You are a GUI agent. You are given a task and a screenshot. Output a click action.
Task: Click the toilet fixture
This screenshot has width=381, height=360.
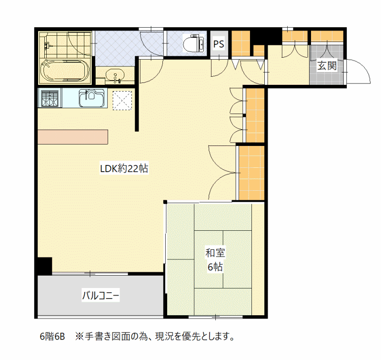pos(193,43)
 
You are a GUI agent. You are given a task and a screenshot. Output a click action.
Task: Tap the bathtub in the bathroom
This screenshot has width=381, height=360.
pos(65,70)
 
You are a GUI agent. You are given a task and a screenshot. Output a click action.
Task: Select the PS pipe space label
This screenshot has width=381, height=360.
pos(219,44)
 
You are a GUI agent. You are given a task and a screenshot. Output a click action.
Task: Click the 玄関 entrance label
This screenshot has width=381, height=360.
pos(327,66)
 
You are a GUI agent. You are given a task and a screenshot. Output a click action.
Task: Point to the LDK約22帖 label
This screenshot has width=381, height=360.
pos(124,168)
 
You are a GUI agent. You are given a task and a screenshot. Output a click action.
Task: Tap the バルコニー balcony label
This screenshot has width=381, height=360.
pos(100,296)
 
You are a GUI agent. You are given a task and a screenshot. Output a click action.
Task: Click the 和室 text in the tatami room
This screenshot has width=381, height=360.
pos(215,253)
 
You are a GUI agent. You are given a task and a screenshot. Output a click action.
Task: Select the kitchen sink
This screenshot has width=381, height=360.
pos(92,98)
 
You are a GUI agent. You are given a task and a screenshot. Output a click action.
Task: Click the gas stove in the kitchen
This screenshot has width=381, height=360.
pos(50,98)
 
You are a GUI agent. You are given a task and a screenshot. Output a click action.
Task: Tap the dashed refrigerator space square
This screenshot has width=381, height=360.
pos(122,101)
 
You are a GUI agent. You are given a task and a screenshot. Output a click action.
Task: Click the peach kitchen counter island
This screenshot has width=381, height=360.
pos(73,137)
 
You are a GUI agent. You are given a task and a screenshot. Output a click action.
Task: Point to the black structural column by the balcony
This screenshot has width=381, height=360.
pos(45,266)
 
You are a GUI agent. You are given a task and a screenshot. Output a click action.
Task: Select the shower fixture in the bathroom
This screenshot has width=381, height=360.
pos(47,45)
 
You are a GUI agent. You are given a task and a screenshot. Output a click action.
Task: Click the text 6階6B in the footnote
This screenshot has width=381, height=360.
pos(52,337)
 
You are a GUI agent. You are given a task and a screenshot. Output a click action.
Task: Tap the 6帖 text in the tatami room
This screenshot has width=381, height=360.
pos(215,267)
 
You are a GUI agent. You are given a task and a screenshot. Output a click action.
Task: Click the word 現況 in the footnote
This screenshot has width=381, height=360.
pos(164,337)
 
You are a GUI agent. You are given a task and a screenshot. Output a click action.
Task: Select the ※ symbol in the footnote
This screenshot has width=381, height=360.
pos(80,337)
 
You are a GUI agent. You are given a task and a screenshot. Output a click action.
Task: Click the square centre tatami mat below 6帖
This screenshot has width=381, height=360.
pos(209,259)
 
